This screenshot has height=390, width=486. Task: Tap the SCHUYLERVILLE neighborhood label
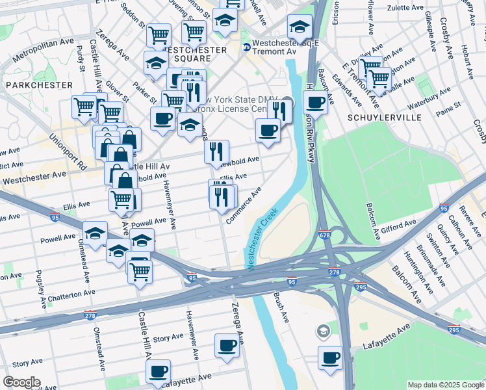pos(385,118)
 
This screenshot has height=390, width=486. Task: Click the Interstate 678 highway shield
pos(325,235)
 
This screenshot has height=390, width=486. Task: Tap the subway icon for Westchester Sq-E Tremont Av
pos(247,47)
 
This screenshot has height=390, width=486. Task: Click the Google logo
pos(22,382)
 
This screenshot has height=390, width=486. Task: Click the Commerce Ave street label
pos(244,205)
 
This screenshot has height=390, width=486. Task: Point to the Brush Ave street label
pos(281,308)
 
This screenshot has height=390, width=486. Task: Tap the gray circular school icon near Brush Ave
pos(323,332)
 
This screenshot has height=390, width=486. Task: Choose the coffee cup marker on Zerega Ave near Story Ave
pos(227,345)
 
